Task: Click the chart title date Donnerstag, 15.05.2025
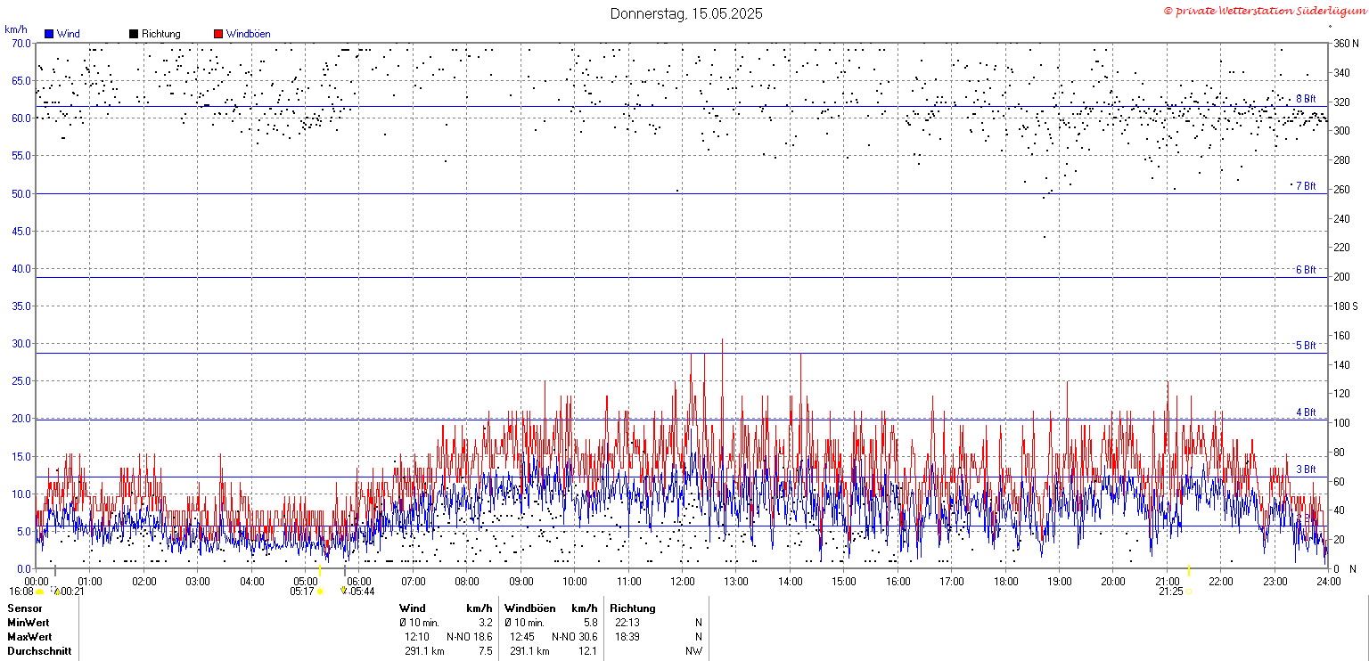[x=685, y=13]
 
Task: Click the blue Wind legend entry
[x=62, y=34]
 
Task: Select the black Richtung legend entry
[x=155, y=34]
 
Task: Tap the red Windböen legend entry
[x=242, y=34]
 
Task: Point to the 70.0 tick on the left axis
[x=20, y=44]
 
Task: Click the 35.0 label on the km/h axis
[x=20, y=306]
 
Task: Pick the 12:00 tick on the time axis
[x=682, y=582]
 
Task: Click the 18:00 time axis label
[x=1005, y=582]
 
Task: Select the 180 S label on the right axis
[x=1345, y=306]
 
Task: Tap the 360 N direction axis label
[x=1346, y=44]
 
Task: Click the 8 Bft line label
[x=1306, y=99]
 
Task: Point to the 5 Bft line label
[x=1306, y=345]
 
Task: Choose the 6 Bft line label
[x=1306, y=269]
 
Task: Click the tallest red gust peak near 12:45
[x=723, y=340]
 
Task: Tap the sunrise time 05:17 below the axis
[x=302, y=592]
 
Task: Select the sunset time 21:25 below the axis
[x=1170, y=592]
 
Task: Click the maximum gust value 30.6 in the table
[x=588, y=637]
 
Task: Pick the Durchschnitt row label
[x=39, y=651]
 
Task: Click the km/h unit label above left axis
[x=16, y=29]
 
